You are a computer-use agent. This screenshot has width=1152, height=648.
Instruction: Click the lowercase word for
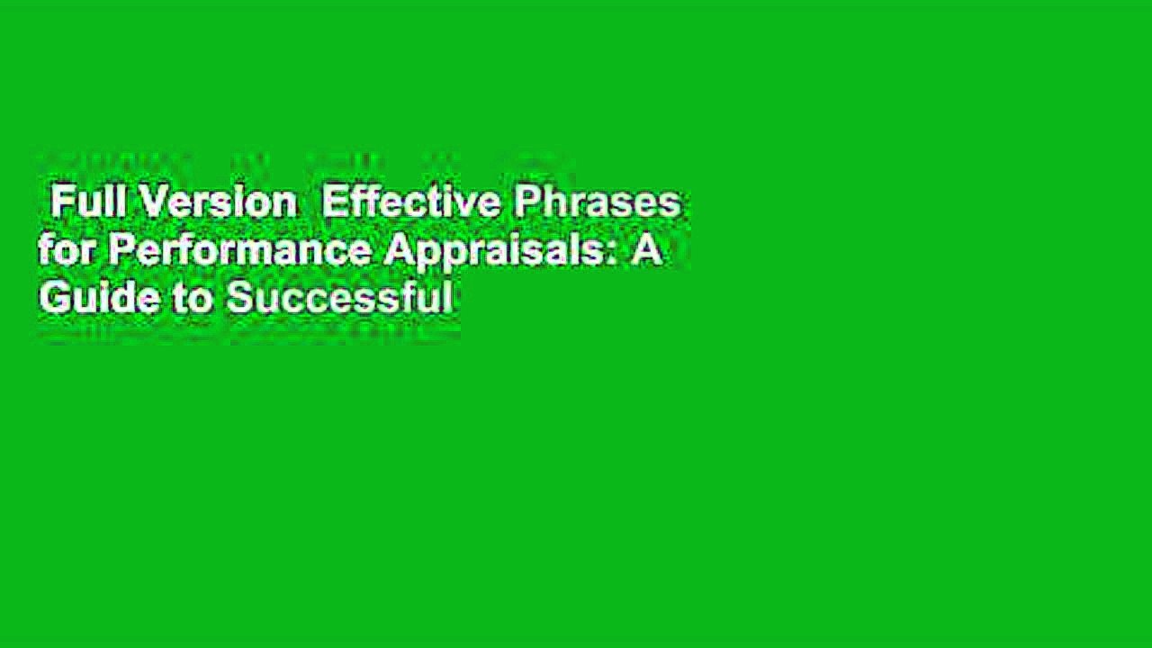pyautogui.click(x=67, y=251)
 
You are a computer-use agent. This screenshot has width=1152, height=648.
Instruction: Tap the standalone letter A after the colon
pyautogui.click(x=646, y=251)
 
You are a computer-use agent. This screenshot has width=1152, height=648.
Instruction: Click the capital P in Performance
pyautogui.click(x=118, y=251)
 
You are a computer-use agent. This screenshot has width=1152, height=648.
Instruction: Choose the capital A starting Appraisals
pyautogui.click(x=397, y=251)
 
